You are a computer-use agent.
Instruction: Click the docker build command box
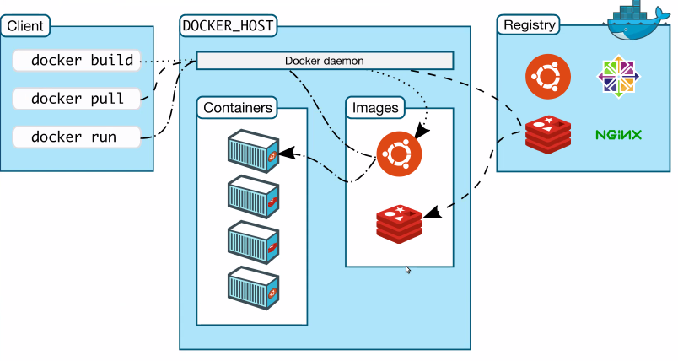pos(81,60)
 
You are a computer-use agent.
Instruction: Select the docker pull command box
pos(77,99)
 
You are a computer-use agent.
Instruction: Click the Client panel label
pos(25,25)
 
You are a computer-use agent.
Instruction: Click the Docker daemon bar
pos(325,60)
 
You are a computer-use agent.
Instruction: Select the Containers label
pos(238,108)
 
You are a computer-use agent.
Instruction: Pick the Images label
pos(375,108)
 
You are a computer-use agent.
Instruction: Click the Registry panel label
pos(529,24)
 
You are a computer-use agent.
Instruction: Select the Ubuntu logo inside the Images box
pos(399,154)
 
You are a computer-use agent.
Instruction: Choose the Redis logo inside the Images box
pos(399,221)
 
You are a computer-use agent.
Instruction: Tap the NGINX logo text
pos(618,134)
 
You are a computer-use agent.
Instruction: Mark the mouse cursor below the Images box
pos(408,270)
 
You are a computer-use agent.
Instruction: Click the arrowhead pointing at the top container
pos(284,154)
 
